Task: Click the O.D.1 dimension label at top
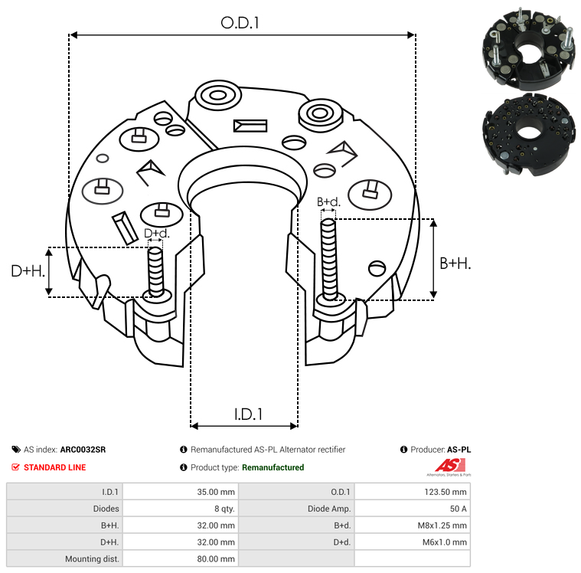[x=240, y=23]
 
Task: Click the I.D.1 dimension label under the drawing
[x=248, y=414]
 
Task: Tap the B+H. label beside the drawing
[x=455, y=263]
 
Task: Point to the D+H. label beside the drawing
[x=28, y=270]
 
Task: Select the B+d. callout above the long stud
[x=328, y=202]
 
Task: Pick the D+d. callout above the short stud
[x=155, y=233]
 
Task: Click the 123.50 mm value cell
[x=412, y=492]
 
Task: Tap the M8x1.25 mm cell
[x=412, y=526]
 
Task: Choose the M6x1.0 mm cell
[x=412, y=542]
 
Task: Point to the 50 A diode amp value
[x=412, y=509]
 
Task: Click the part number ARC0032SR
[x=83, y=450]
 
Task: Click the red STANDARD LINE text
[x=54, y=467]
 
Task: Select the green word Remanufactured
[x=273, y=467]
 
